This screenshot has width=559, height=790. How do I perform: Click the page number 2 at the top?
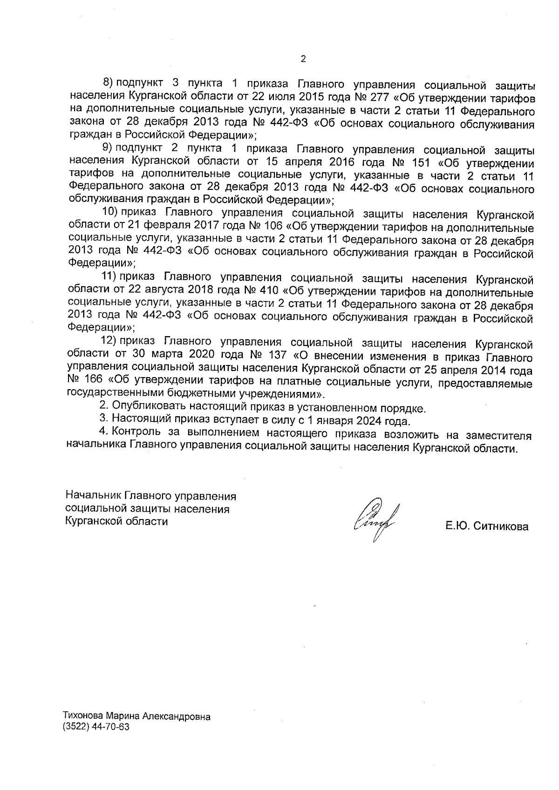pos(303,59)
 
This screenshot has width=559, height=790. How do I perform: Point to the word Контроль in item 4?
pos(137,435)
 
